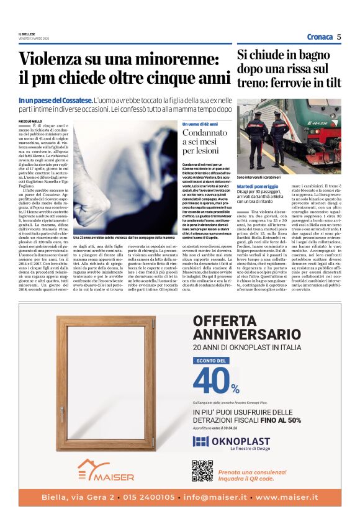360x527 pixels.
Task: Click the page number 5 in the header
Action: pyautogui.click(x=340, y=37)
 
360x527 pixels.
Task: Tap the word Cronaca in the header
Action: pyautogui.click(x=320, y=37)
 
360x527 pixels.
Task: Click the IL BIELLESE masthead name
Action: pyautogui.click(x=27, y=34)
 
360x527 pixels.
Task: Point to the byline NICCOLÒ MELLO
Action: pyautogui.click(x=30, y=121)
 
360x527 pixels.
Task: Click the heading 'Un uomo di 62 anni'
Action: pyautogui.click(x=200, y=124)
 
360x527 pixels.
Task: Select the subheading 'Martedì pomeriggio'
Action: pyautogui.click(x=258, y=186)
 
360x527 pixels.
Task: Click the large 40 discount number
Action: pyautogui.click(x=211, y=380)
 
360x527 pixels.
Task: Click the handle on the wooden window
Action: pyautogui.click(x=61, y=412)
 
